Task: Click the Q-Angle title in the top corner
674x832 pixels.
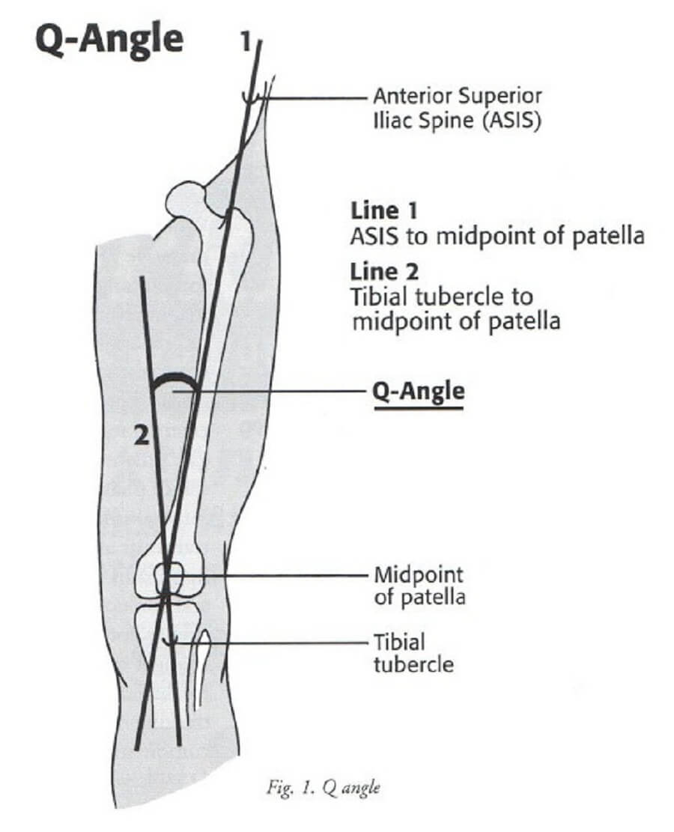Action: click(x=108, y=39)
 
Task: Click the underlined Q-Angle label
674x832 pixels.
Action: click(x=419, y=392)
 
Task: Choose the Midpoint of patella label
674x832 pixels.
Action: click(x=419, y=586)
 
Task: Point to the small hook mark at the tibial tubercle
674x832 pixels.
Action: click(x=173, y=641)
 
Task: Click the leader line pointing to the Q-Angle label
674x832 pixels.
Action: click(x=277, y=391)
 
